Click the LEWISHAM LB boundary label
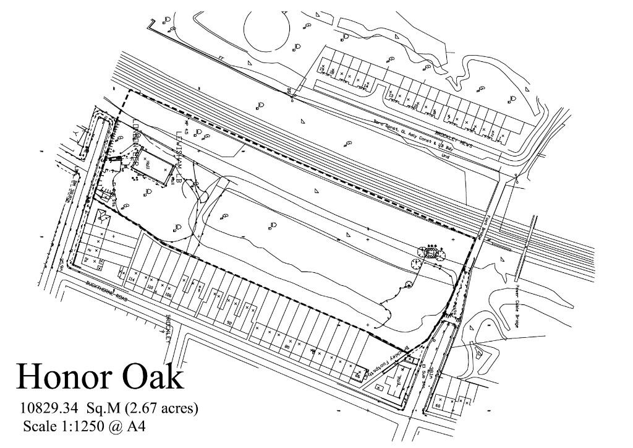(179, 158)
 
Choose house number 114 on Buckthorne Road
(131, 280)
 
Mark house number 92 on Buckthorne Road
(229, 322)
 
